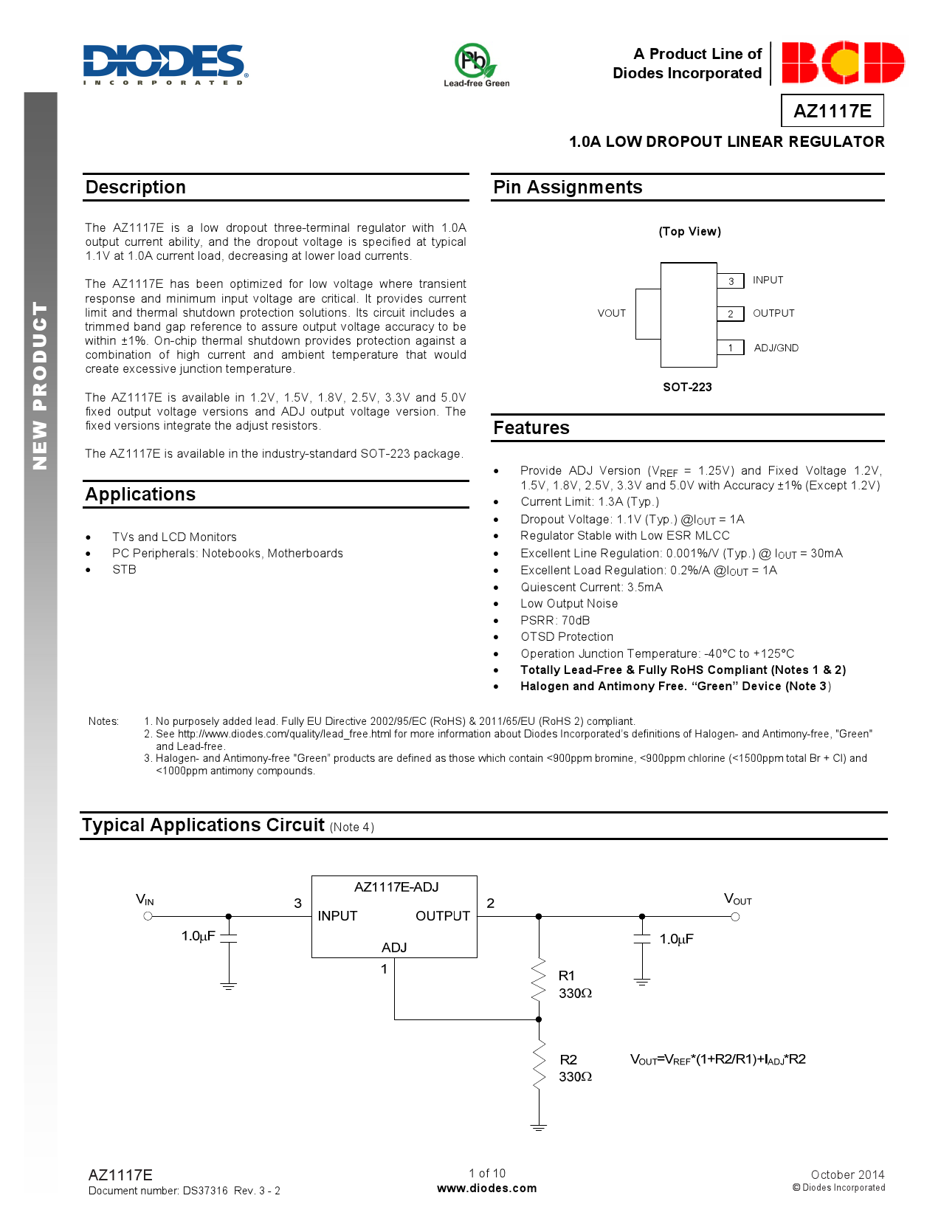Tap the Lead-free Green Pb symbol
pos(473,61)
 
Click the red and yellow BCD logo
pos(842,63)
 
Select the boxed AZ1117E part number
pos(832,111)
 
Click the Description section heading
pos(136,187)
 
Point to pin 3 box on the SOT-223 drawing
pos(731,281)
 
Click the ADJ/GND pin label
pos(776,348)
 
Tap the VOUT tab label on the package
pos(611,313)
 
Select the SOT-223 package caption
pos(687,387)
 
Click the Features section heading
pos(531,428)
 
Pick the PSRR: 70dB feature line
pos(555,620)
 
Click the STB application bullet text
pos(124,569)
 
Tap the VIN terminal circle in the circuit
pos(148,916)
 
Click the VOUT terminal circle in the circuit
pos(735,917)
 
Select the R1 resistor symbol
pos(539,980)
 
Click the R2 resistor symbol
pos(539,1064)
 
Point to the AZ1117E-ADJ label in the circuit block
pos(396,887)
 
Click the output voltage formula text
pos(717,1059)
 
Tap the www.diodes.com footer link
pos(487,1188)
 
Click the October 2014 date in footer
pos(847,1174)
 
